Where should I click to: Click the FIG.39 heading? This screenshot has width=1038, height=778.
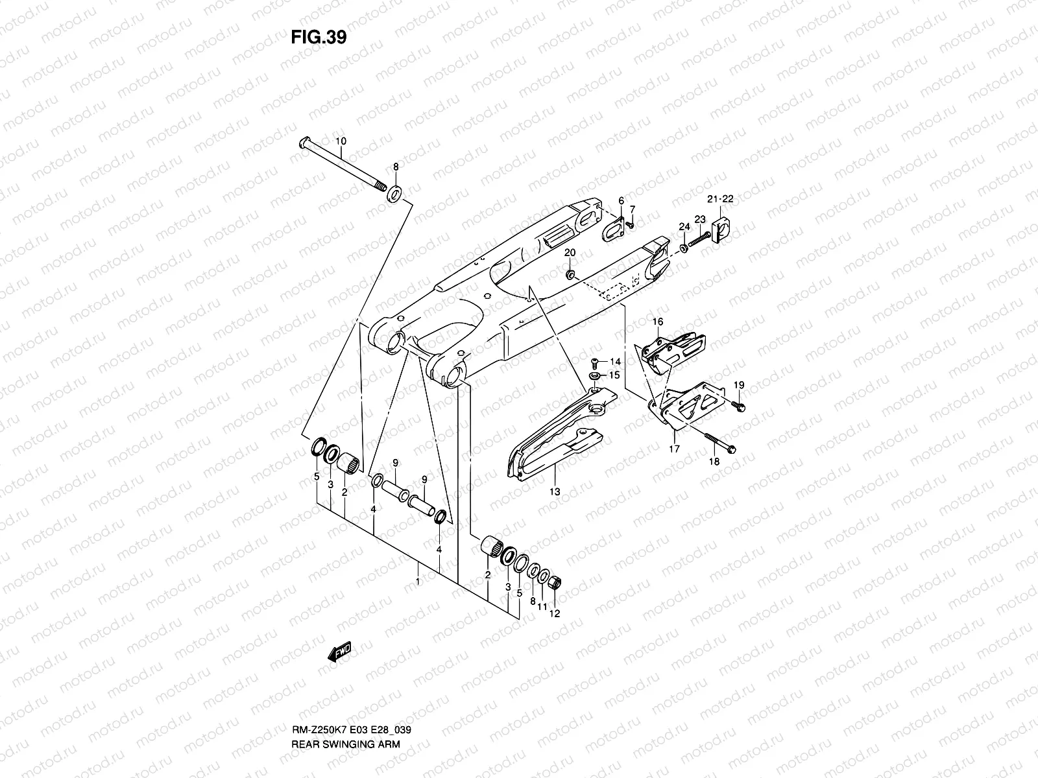[x=319, y=37]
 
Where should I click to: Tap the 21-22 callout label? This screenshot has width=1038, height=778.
[x=719, y=199]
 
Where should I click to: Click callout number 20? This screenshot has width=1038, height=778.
[x=570, y=252]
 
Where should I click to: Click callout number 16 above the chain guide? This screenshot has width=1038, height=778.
[x=658, y=322]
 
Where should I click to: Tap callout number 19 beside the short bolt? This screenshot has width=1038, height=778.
[x=739, y=385]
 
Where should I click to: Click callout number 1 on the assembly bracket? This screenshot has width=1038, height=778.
[x=418, y=582]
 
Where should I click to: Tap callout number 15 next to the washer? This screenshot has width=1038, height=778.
[x=615, y=375]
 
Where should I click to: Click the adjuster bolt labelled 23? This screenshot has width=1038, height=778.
[x=699, y=240]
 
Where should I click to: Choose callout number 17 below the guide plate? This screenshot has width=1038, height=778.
[x=673, y=448]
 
